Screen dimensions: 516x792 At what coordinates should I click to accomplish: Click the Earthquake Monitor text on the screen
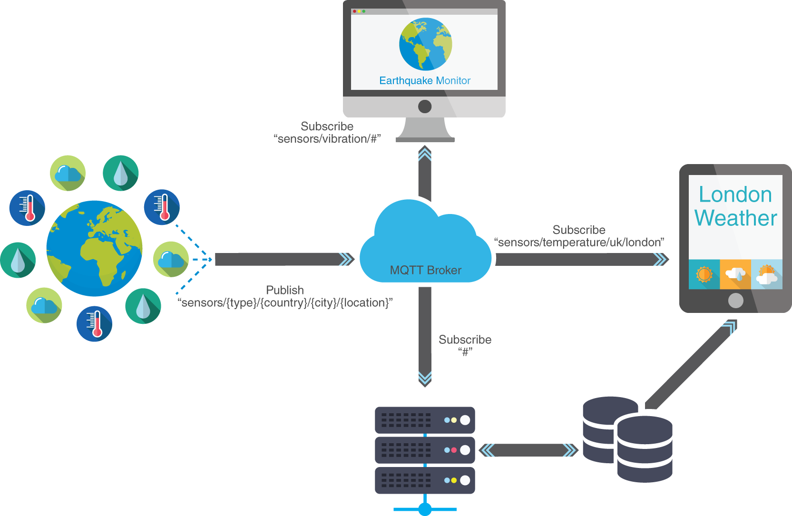click(424, 81)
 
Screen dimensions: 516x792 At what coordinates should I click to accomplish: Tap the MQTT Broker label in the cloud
click(425, 270)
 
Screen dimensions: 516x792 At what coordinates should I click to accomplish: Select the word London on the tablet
click(735, 195)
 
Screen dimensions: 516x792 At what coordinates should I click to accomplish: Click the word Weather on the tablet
click(735, 218)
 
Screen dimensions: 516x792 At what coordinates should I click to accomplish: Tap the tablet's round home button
click(735, 301)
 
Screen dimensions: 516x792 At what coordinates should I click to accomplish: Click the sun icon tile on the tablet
click(704, 274)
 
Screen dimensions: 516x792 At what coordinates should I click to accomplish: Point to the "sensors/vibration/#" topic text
click(327, 139)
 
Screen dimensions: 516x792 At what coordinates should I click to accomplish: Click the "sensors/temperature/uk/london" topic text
click(579, 243)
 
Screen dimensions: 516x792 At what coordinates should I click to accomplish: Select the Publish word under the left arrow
click(284, 290)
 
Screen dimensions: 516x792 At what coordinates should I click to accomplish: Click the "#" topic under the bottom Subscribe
click(465, 352)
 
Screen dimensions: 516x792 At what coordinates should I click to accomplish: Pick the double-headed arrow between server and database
click(528, 450)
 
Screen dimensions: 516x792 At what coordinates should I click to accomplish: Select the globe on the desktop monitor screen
click(425, 44)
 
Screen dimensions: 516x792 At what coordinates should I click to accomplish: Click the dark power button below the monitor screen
click(424, 107)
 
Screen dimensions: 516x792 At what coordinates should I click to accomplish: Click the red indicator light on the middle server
click(454, 450)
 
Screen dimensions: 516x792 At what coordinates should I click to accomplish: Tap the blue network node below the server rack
click(425, 509)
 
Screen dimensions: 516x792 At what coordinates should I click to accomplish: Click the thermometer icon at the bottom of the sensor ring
click(94, 324)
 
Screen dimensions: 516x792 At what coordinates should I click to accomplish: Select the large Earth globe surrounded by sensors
click(94, 248)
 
